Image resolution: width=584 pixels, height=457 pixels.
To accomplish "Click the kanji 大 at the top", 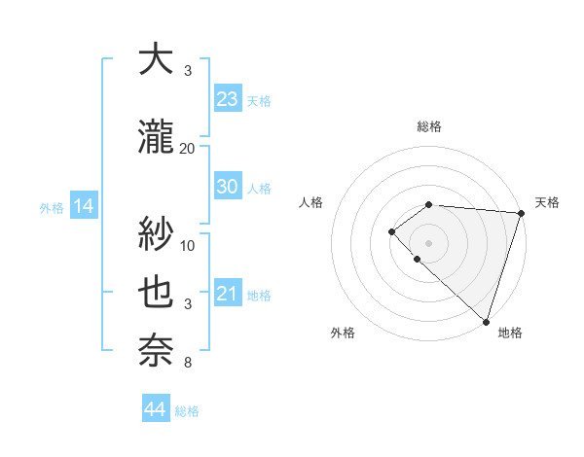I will pos(156,59).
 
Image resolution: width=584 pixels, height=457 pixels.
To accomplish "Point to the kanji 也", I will pos(156,293).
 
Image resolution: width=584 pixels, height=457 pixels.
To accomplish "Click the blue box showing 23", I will pos(227,99).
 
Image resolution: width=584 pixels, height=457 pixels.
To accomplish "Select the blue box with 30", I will pos(227,188).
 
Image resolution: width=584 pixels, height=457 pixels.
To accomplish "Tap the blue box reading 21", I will pos(227,295).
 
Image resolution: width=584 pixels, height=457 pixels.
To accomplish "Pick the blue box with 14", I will pos(83,206).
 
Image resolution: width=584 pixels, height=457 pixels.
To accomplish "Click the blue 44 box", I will pos(155,409).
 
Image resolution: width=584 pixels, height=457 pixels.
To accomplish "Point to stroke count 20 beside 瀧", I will pos(188,148).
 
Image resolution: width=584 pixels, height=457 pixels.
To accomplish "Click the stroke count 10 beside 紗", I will pos(188,245).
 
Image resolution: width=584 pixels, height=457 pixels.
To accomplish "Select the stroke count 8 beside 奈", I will pos(188,363).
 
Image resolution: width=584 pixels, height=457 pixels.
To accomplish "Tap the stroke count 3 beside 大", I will pos(188,70).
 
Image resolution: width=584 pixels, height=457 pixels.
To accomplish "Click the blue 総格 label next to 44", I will pos(187,411).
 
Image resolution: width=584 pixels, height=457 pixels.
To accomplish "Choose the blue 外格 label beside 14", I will pos(52,207).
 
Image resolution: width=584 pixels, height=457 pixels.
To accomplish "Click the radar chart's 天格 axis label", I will pos(547,202).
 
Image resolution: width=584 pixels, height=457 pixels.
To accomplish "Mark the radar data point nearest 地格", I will pos(486,321).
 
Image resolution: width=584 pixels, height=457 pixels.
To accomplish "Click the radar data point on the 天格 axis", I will pos(521,213).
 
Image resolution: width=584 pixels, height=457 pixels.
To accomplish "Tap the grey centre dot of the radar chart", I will pos(428,242).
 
